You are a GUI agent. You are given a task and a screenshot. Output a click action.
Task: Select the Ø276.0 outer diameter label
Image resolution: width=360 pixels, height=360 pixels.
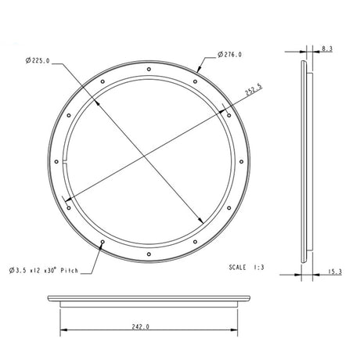229,55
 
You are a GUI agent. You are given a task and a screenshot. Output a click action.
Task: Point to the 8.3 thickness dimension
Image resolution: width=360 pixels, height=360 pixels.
327,49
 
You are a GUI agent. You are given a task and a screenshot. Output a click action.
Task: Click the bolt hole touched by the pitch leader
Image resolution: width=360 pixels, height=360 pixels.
103,242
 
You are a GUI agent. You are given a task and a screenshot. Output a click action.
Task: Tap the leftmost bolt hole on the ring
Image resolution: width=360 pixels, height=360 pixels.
57,163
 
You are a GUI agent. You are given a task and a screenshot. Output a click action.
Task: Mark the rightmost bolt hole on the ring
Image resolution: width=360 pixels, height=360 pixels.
240,163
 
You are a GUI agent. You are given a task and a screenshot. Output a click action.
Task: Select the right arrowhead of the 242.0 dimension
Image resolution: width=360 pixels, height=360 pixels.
235,328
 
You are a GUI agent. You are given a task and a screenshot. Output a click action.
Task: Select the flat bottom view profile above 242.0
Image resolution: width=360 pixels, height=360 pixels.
149,300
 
